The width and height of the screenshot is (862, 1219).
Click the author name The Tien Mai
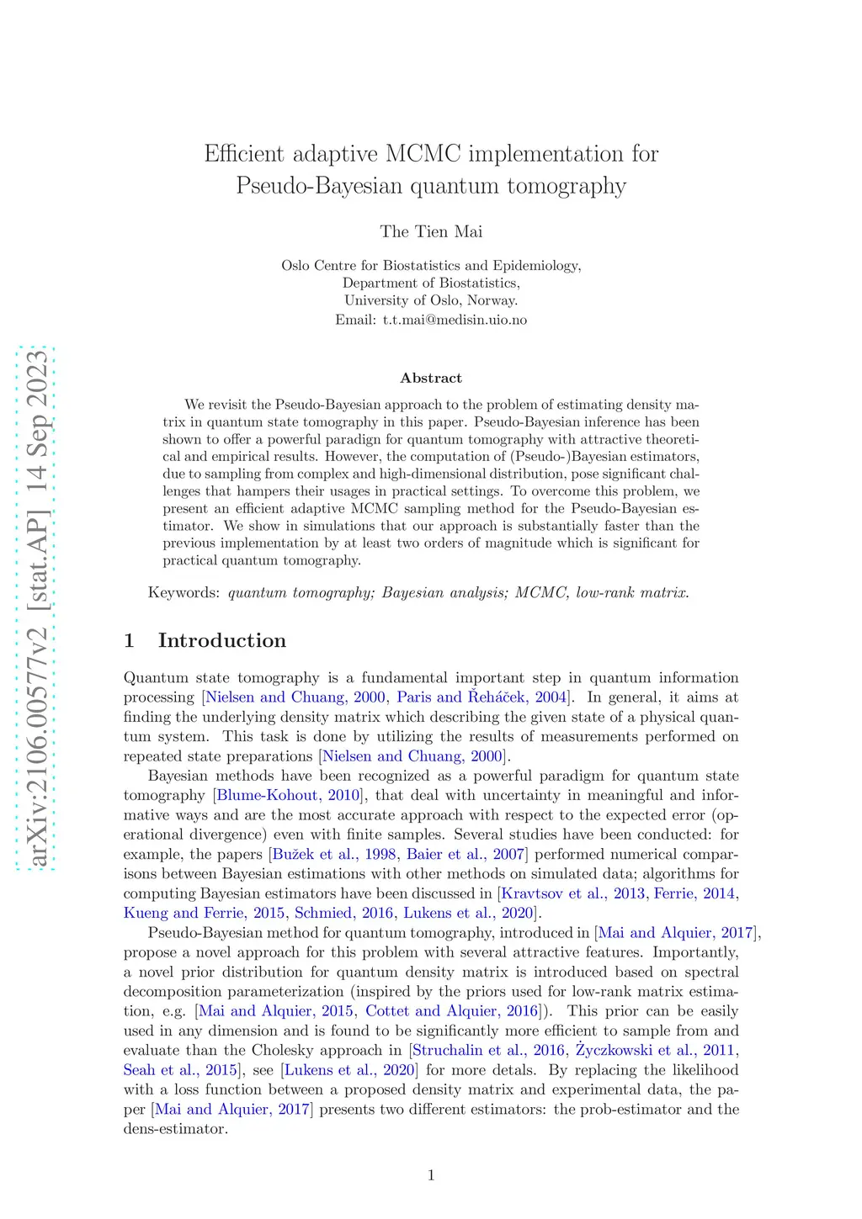(x=431, y=231)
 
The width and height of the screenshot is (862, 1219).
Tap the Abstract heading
(x=431, y=378)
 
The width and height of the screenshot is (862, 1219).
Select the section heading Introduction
(x=221, y=640)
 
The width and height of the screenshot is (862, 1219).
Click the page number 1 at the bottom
(x=431, y=1175)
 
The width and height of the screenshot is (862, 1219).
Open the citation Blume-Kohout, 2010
(x=289, y=795)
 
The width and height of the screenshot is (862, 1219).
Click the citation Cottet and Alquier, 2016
(x=452, y=1011)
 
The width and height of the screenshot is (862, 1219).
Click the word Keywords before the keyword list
(x=183, y=592)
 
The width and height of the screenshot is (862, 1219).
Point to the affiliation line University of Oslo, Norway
(x=431, y=300)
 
